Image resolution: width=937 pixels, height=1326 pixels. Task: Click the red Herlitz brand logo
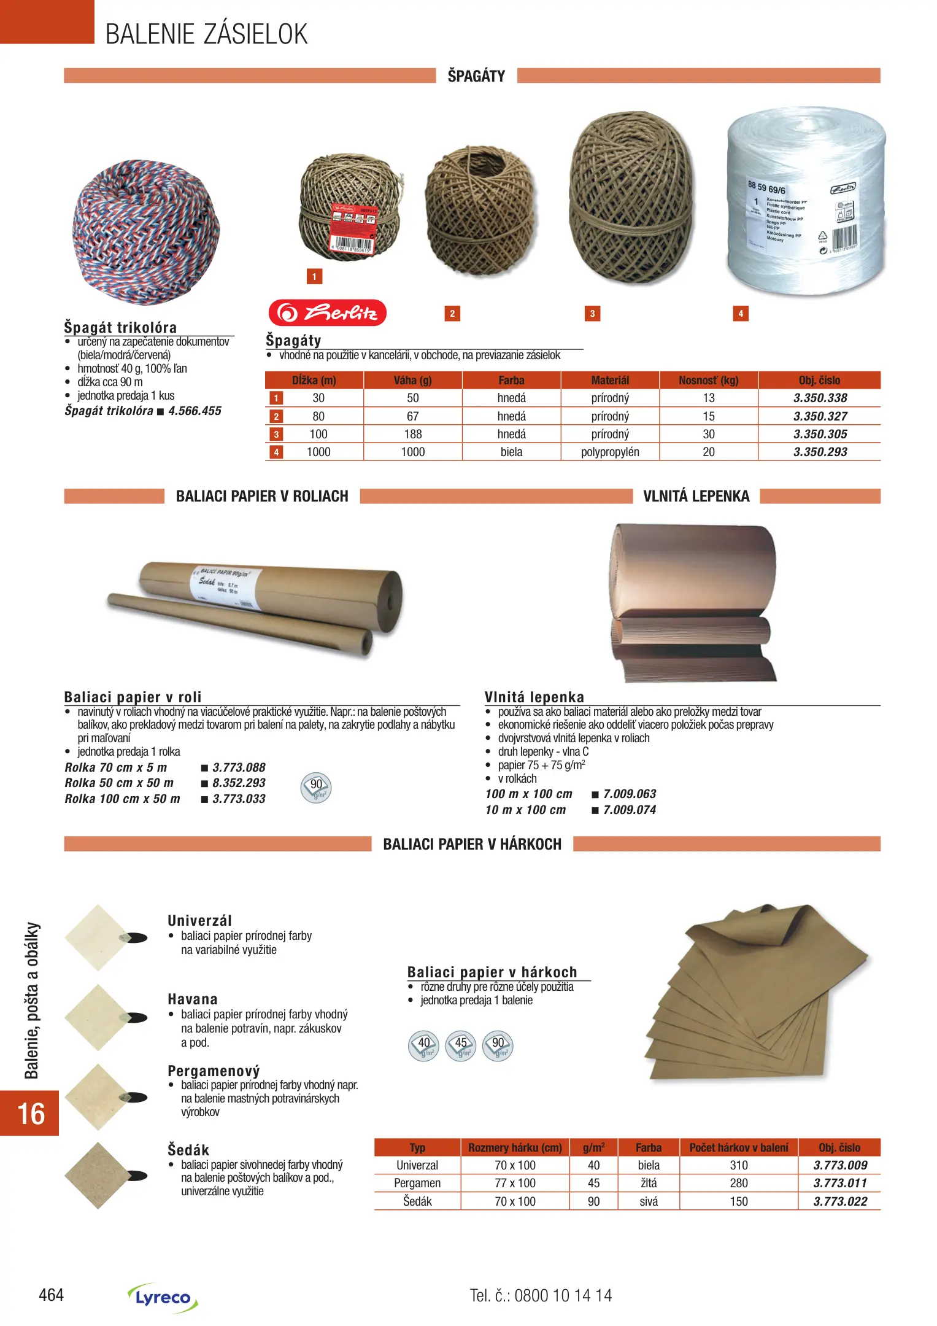click(327, 313)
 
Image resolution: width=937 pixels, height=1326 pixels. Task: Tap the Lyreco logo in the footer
click(163, 1297)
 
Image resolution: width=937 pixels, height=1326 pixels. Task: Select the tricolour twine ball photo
click(146, 232)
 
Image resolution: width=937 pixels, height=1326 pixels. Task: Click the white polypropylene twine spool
click(806, 203)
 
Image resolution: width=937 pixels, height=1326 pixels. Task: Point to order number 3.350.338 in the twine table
click(820, 398)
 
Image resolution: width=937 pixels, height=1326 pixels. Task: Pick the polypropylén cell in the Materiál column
click(610, 452)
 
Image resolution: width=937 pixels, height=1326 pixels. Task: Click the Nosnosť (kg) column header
click(708, 380)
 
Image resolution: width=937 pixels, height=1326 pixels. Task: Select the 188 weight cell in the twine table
click(412, 435)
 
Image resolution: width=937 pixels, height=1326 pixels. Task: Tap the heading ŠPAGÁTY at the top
click(476, 76)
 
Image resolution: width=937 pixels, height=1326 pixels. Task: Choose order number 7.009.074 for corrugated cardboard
click(630, 810)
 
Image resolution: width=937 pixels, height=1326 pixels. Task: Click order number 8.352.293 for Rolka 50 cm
click(239, 783)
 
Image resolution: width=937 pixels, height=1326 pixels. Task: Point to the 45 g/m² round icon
click(461, 1046)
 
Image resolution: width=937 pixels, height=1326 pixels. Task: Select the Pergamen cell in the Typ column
click(417, 1183)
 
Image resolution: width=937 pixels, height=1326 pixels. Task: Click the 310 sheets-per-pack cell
click(739, 1165)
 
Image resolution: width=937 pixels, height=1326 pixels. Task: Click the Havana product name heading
click(192, 999)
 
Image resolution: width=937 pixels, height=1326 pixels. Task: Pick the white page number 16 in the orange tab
click(31, 1114)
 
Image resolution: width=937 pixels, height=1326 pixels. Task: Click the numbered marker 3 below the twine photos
click(592, 314)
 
